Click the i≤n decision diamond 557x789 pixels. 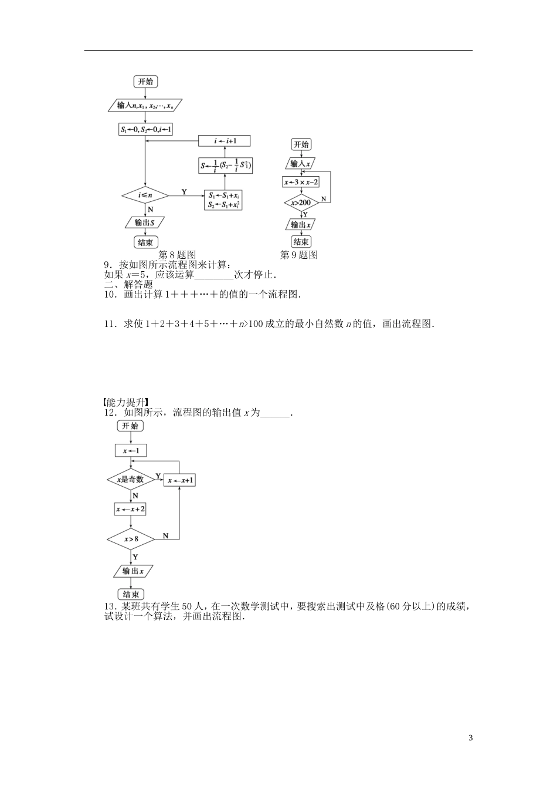pyautogui.click(x=145, y=195)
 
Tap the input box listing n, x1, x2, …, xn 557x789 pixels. pyautogui.click(x=145, y=106)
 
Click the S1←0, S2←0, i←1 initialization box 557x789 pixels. pyautogui.click(x=145, y=129)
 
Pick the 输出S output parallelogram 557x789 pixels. pyautogui.click(x=145, y=222)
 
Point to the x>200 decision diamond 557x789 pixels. pyautogui.click(x=301, y=203)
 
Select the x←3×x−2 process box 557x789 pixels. pyautogui.click(x=301, y=182)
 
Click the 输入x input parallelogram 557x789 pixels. pyautogui.click(x=301, y=163)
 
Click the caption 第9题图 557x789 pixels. pyautogui.click(x=299, y=255)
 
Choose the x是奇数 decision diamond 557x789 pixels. pyautogui.click(x=130, y=480)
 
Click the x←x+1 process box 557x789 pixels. pyautogui.click(x=180, y=480)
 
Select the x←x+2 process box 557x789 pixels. pyautogui.click(x=130, y=509)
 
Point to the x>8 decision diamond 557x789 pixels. pyautogui.click(x=130, y=538)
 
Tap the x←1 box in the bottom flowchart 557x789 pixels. pyautogui.click(x=130, y=450)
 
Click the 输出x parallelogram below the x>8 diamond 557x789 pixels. pyautogui.click(x=130, y=571)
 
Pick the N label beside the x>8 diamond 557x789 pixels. pyautogui.click(x=165, y=535)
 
